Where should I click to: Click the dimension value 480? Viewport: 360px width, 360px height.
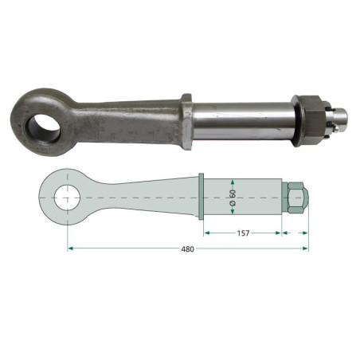point(188,249)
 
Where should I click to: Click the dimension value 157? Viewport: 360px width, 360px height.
point(243,233)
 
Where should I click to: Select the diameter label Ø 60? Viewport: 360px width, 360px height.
point(233,198)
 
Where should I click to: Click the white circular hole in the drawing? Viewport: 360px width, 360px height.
point(67,198)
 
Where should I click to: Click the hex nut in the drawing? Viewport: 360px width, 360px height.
point(295,198)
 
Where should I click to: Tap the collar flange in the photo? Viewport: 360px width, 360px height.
point(186,122)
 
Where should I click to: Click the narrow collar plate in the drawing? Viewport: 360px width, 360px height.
point(201,197)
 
